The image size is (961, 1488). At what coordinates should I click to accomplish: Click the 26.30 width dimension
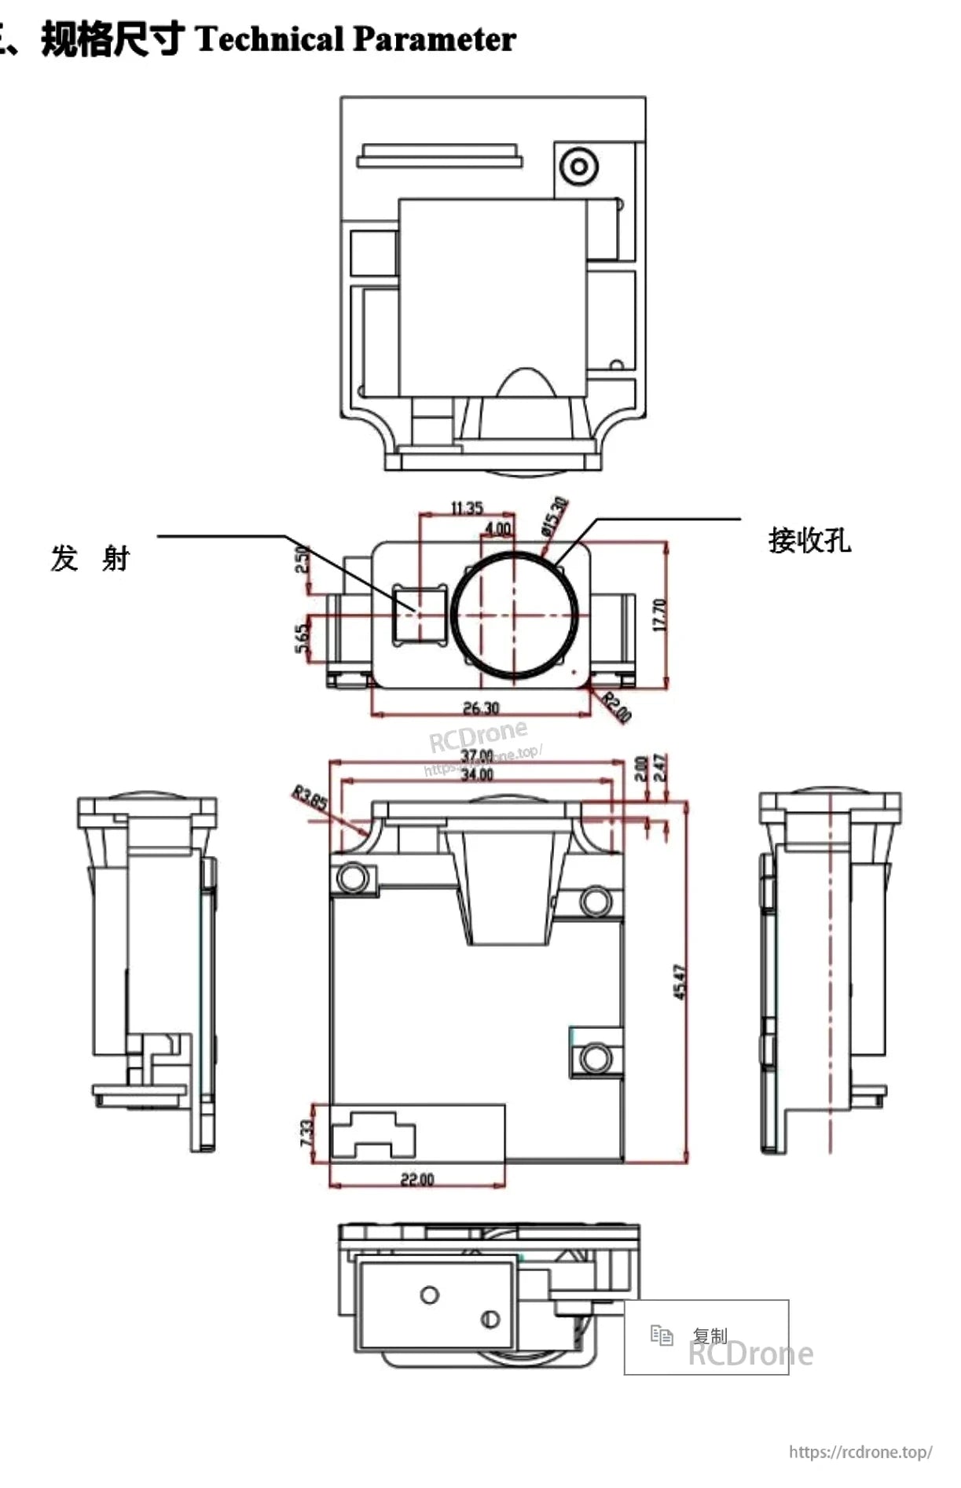(480, 707)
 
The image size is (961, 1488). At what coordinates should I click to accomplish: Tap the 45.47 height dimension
(680, 983)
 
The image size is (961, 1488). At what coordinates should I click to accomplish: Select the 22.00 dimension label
(416, 1179)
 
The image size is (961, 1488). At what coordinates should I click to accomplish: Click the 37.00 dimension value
(476, 756)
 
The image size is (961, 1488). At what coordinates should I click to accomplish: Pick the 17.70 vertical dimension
(659, 615)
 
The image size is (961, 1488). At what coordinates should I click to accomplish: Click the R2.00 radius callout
(617, 707)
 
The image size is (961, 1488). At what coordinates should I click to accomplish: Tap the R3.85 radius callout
(310, 799)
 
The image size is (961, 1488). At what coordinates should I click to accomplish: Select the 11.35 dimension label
(466, 508)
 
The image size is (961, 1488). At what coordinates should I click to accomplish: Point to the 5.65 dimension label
(302, 638)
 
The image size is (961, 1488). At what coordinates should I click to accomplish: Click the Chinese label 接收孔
(809, 541)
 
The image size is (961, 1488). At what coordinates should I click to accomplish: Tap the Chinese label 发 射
(90, 558)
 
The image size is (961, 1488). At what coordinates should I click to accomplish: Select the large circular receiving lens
(515, 615)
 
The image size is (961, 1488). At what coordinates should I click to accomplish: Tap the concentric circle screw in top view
(579, 167)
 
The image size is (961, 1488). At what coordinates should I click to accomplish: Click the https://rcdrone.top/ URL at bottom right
(860, 1452)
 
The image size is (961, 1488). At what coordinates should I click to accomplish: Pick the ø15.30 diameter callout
(554, 516)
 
